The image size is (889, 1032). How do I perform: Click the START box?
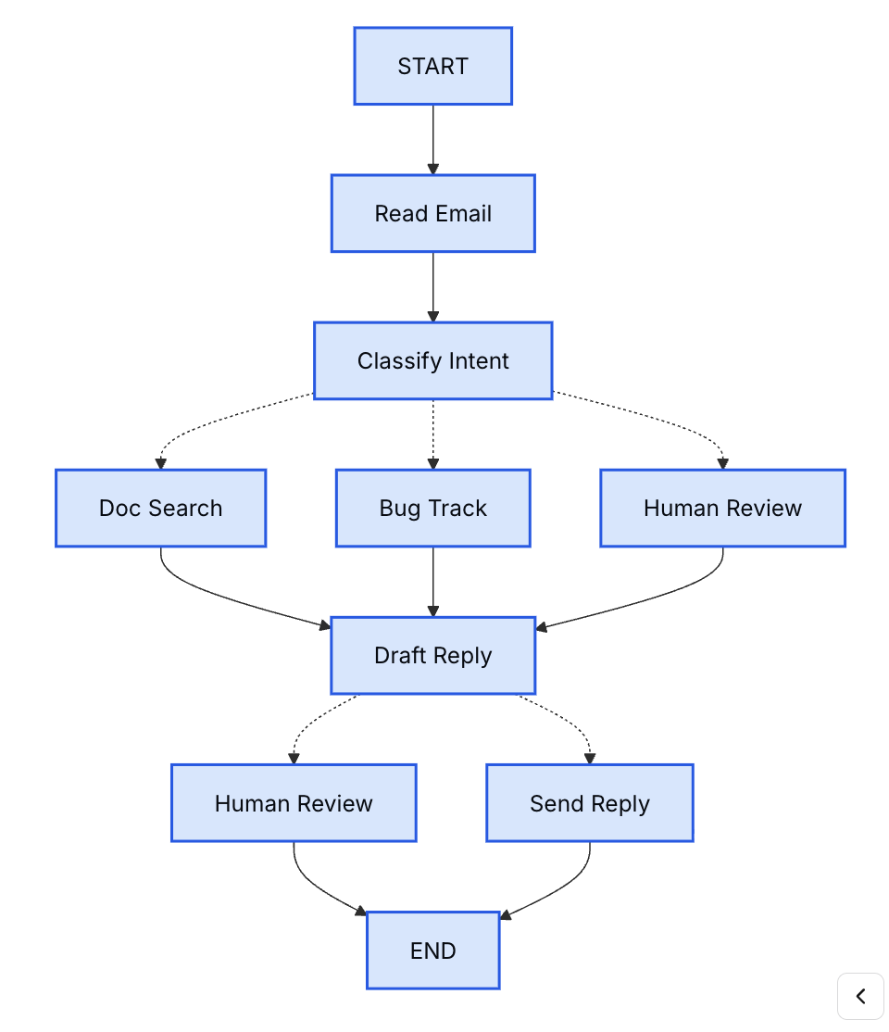(x=432, y=66)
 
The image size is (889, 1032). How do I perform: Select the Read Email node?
(x=432, y=213)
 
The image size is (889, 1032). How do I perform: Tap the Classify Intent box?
(x=432, y=360)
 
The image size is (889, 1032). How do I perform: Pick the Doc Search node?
(x=160, y=508)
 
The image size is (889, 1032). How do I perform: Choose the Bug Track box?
(x=432, y=508)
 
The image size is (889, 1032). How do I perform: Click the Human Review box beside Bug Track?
(x=722, y=508)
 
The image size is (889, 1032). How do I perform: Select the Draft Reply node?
(x=432, y=655)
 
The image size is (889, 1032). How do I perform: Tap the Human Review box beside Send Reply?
(x=293, y=803)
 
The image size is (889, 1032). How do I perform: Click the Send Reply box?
(x=589, y=803)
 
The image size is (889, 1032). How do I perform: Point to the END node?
(x=432, y=950)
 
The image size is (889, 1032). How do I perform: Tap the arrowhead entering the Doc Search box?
(x=160, y=463)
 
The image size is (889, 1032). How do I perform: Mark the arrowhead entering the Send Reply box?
(x=589, y=759)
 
